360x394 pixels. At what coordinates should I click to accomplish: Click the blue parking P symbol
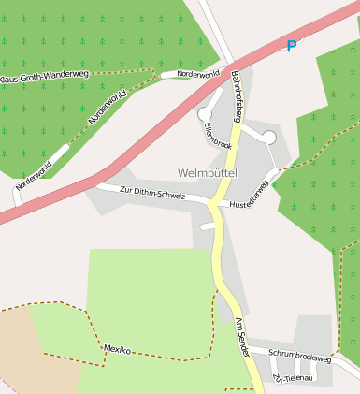292,46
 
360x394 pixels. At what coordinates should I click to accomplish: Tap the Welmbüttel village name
208,173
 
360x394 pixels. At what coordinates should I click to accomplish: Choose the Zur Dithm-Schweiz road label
152,193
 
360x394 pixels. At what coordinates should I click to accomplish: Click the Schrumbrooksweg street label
299,357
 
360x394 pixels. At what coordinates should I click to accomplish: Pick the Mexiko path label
117,350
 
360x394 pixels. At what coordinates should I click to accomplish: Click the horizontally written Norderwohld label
197,73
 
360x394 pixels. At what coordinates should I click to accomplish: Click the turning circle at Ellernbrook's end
205,114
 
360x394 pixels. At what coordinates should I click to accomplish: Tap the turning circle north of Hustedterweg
270,138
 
